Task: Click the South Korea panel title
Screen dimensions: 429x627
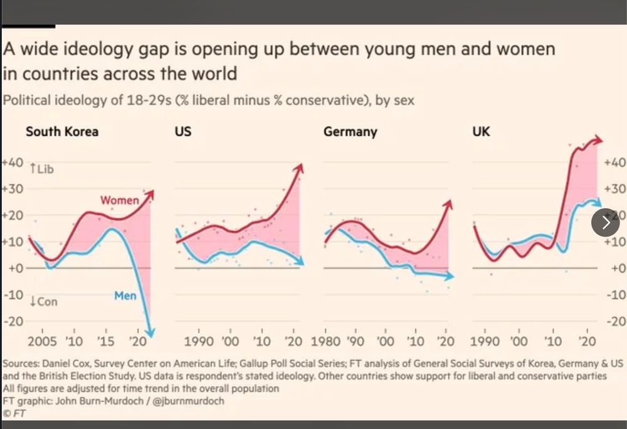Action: pyautogui.click(x=61, y=132)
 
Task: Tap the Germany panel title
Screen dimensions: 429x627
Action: pyautogui.click(x=350, y=132)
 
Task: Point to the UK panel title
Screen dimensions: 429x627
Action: pyautogui.click(x=481, y=132)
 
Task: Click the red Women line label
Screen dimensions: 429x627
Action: pyautogui.click(x=120, y=201)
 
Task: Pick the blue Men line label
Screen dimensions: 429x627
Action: pyautogui.click(x=125, y=295)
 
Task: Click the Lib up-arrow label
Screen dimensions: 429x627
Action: pyautogui.click(x=42, y=169)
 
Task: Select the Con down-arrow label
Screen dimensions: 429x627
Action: pyautogui.click(x=43, y=302)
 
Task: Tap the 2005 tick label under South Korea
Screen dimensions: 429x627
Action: pyautogui.click(x=43, y=342)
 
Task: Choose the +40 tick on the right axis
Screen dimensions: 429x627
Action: pyautogui.click(x=614, y=162)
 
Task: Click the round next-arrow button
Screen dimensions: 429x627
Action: pyautogui.click(x=606, y=222)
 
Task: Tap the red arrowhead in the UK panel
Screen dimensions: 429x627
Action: pyautogui.click(x=599, y=140)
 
